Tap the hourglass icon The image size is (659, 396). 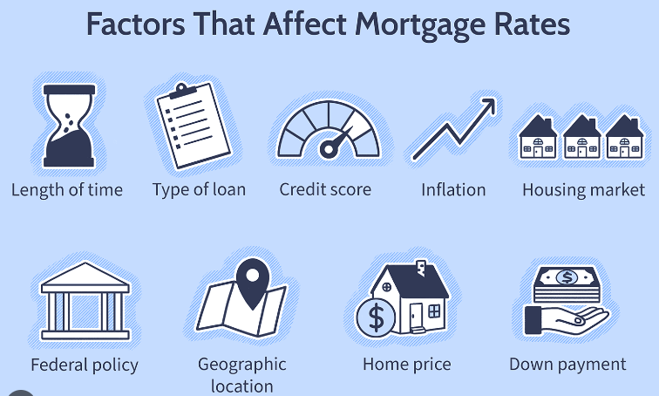tap(70, 126)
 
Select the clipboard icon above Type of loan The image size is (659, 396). tap(194, 126)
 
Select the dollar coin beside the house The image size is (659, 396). tap(377, 317)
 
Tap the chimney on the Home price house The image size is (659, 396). tap(421, 268)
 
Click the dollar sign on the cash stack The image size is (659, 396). tap(567, 277)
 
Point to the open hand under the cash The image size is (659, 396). tap(565, 319)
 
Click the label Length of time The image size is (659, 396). tap(67, 190)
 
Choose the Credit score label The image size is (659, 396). tap(325, 189)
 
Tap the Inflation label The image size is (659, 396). tap(453, 189)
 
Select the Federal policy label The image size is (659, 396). tap(85, 365)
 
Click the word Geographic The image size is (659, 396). tap(242, 365)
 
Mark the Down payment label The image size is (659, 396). tap(567, 365)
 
